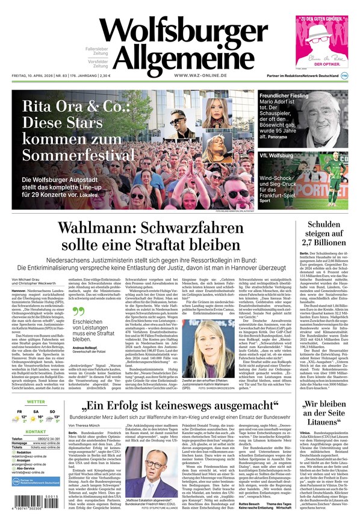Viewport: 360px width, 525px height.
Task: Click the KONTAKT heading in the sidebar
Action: [36, 432]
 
